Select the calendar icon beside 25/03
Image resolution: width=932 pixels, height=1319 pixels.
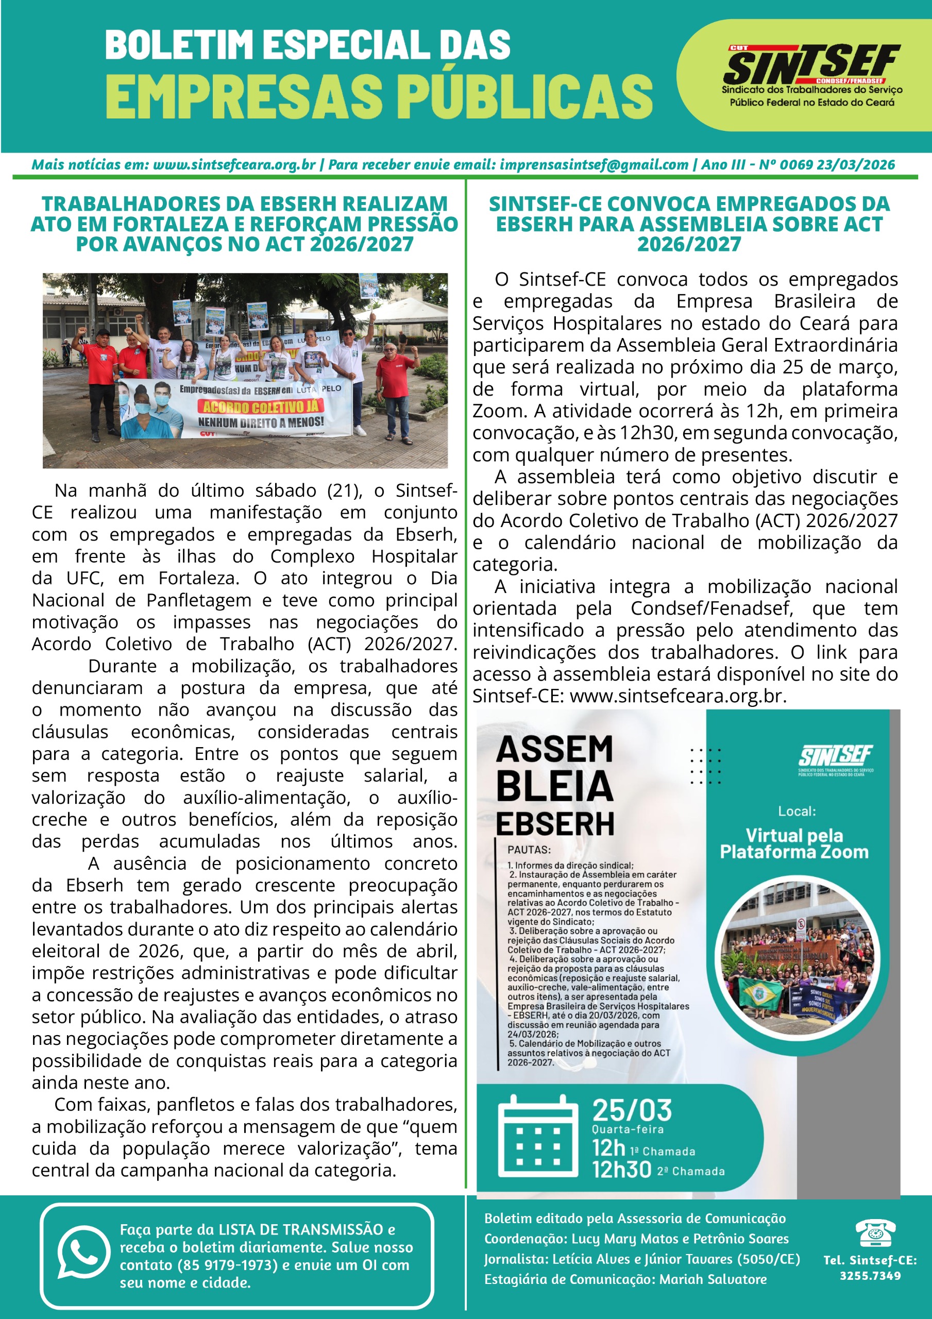coord(537,1136)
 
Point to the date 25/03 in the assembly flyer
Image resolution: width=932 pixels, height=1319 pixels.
coord(632,1110)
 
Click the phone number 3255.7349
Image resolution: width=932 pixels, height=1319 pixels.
coord(870,1276)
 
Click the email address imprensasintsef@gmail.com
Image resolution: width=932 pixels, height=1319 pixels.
coord(594,165)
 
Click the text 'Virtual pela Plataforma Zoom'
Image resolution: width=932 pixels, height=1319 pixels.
coord(794,843)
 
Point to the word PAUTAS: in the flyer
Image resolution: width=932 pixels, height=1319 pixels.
coord(529,850)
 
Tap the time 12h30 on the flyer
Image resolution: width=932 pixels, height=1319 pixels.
coord(621,1170)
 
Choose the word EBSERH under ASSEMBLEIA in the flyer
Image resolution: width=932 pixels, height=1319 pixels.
coord(555,824)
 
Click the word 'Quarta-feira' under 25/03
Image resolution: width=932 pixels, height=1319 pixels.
coord(628,1129)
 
